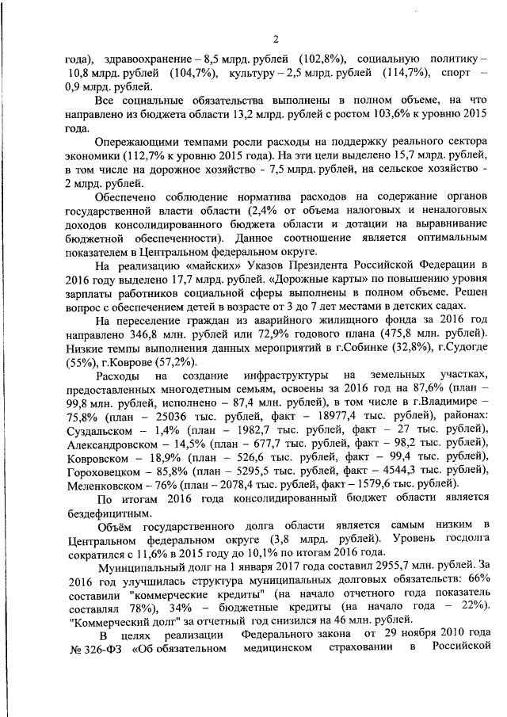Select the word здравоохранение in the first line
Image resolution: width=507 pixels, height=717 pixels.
pyautogui.click(x=148, y=60)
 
